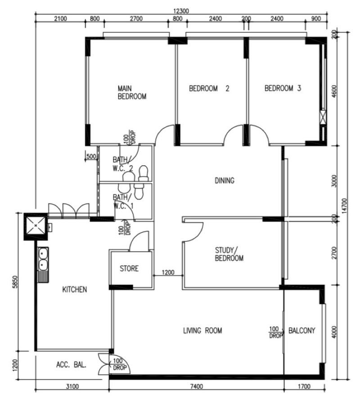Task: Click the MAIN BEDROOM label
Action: [132, 92]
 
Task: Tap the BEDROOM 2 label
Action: [209, 88]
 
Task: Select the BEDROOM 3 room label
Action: [283, 88]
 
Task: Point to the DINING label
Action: [225, 181]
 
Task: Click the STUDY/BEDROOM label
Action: [229, 254]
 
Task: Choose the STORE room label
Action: [129, 268]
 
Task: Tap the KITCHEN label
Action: [75, 289]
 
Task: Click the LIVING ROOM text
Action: [202, 330]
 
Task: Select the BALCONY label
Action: [301, 330]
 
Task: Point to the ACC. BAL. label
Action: [71, 365]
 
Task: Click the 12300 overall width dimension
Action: [181, 11]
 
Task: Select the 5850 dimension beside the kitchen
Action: [15, 282]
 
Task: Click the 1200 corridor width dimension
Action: [168, 272]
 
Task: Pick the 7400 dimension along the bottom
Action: [197, 387]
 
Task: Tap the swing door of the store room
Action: [139, 241]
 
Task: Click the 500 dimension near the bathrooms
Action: [91, 156]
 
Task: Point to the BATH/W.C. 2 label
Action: [123, 164]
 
